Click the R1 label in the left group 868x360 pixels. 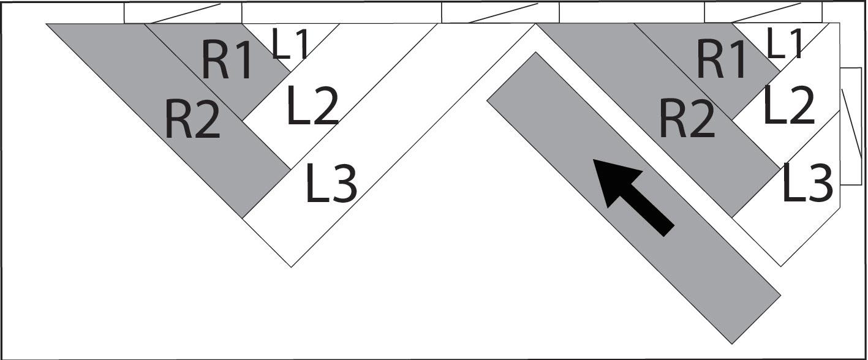point(227,62)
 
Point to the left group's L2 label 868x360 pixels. point(312,105)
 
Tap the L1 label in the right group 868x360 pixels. point(785,45)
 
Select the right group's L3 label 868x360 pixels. point(808,182)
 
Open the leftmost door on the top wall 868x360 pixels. point(183,13)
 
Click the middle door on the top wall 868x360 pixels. point(500,13)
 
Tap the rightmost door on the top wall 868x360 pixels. point(763,13)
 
